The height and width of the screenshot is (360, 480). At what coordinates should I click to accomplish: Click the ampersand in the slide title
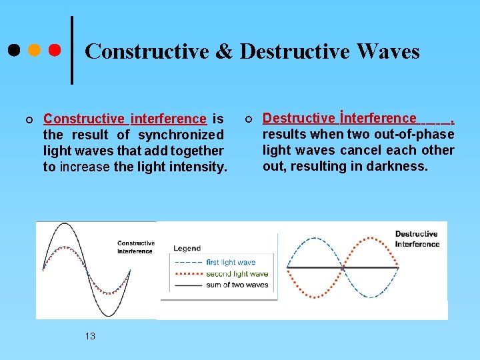click(224, 51)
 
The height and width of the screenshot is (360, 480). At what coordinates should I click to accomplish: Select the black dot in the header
click(13, 50)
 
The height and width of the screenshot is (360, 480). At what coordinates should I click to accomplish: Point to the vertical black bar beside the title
click(72, 50)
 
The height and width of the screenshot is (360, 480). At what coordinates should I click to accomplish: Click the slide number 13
click(90, 336)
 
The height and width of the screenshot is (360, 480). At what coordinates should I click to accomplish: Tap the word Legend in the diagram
click(187, 248)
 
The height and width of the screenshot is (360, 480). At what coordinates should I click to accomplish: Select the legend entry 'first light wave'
click(231, 263)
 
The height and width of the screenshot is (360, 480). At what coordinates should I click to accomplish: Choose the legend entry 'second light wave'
click(237, 273)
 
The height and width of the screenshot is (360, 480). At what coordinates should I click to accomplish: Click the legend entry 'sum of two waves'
click(237, 285)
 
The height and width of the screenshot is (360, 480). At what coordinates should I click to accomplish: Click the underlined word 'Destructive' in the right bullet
click(299, 119)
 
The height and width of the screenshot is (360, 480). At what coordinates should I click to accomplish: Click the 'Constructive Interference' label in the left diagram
click(136, 247)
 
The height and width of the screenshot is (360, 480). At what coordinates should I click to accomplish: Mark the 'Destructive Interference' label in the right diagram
click(417, 239)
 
